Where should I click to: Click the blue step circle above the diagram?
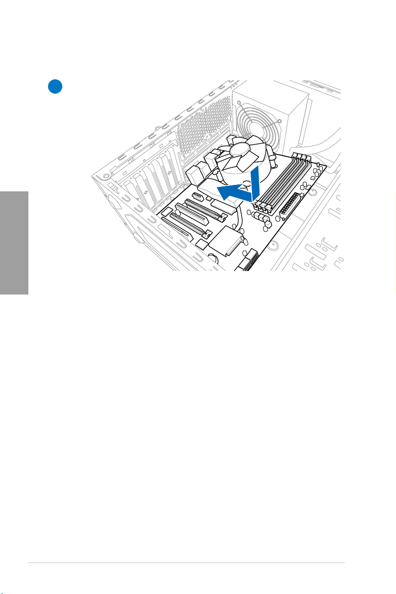(55, 86)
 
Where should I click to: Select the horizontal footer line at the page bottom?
(186, 564)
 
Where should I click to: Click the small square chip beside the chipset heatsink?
(203, 244)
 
